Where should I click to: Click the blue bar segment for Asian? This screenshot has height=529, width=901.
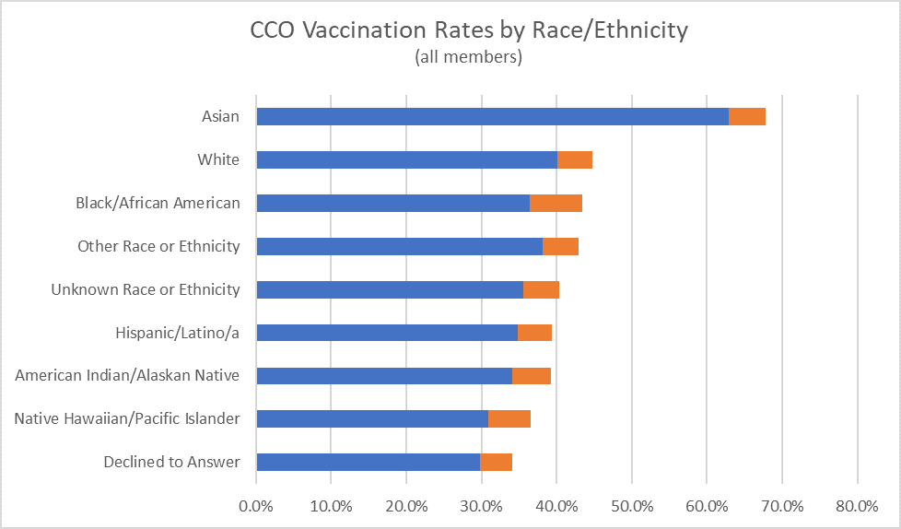coord(492,117)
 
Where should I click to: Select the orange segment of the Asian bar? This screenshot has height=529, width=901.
coord(747,117)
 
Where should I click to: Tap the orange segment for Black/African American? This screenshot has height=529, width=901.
coord(556,204)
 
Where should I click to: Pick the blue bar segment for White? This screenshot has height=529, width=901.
coord(406,160)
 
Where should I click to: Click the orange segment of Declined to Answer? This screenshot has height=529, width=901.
coord(496,463)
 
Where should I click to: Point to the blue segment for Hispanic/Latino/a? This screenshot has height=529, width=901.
coord(387,333)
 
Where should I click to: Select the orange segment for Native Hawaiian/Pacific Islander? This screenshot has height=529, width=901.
coord(509,419)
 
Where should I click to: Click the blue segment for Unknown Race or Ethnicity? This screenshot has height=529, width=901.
coord(390,290)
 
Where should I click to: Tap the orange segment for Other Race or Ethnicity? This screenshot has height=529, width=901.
coord(560,247)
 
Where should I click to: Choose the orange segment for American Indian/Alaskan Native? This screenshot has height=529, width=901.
coord(532,376)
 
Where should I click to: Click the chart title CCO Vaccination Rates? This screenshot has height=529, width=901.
coord(469,30)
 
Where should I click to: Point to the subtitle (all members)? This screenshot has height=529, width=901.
coord(469,57)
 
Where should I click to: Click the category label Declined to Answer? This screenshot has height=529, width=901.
coord(171,463)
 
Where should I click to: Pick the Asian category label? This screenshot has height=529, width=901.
coord(220,117)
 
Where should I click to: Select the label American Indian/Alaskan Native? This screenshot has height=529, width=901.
coord(128,376)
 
